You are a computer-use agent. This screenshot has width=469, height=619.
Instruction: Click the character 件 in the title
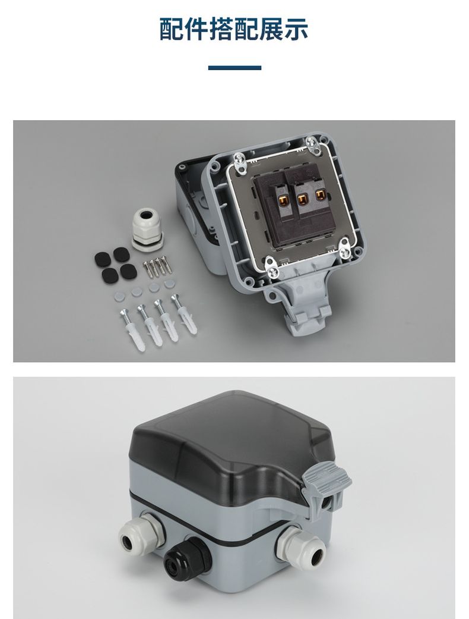pos(197,29)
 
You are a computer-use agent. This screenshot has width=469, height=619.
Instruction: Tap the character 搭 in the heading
pos(221,29)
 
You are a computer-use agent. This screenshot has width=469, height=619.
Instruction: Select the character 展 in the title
pos(271,29)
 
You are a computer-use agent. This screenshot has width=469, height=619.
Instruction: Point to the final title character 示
pos(296,29)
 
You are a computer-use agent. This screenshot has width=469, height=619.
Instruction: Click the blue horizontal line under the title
pos(235,68)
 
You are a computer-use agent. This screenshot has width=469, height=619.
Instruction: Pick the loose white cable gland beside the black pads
pos(147,230)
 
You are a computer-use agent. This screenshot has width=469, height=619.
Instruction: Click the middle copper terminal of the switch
pos(302,199)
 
